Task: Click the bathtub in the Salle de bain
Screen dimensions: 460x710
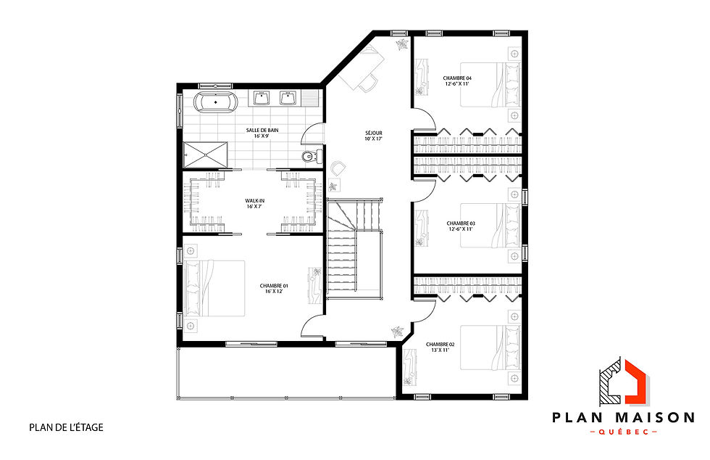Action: tap(216, 102)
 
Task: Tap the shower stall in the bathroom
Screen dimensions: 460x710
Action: tap(206, 153)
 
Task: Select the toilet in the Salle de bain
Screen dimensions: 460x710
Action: tap(309, 155)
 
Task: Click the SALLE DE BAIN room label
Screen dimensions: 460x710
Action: tap(262, 133)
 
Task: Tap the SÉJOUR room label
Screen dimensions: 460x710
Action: tap(373, 136)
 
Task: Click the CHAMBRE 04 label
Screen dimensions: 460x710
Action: tap(457, 80)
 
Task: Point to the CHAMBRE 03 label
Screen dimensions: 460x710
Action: tap(460, 226)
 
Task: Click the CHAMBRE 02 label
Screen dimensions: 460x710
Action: tap(440, 347)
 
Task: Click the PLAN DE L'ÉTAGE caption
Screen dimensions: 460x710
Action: tap(67, 427)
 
